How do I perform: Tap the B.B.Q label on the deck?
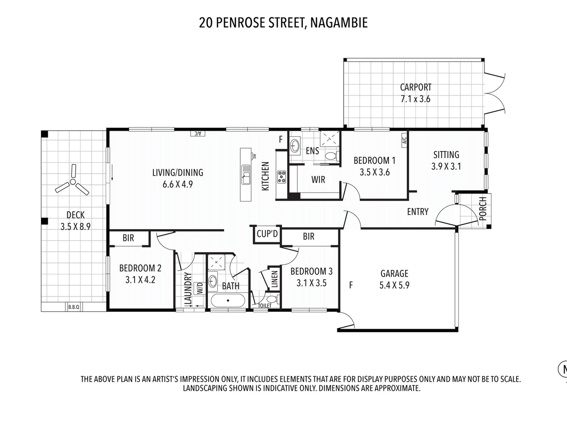74,307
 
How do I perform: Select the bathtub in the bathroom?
228,301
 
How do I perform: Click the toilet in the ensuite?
332,155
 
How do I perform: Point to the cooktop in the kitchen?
281,177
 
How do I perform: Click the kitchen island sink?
246,174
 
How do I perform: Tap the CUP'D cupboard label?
267,234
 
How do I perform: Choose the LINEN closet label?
275,279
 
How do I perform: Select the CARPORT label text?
416,87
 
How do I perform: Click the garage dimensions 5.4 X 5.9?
395,285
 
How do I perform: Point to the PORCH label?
483,208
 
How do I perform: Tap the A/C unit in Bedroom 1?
404,140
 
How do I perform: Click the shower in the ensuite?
330,139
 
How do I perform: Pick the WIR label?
318,180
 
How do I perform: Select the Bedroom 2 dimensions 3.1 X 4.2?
140,280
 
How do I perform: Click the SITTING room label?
446,154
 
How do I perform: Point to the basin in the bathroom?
213,281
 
